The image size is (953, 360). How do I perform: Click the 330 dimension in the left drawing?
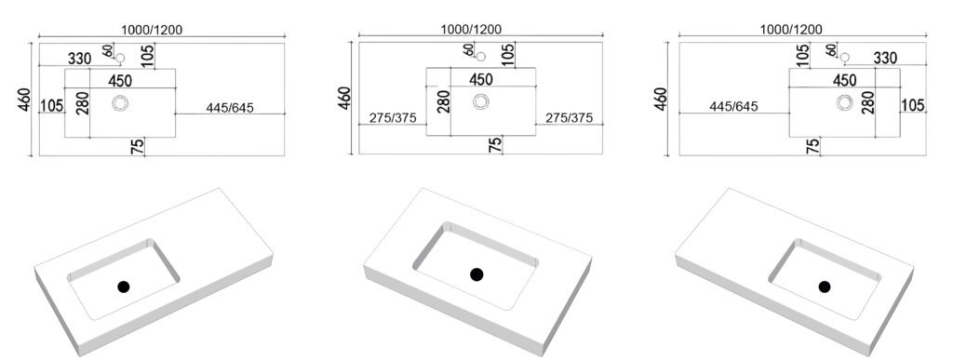[80, 59]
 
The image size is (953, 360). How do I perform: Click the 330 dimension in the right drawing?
[885, 59]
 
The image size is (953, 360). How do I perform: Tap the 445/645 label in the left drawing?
[230, 108]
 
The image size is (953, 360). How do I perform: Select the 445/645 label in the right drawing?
[734, 107]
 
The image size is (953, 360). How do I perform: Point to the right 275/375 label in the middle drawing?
[569, 118]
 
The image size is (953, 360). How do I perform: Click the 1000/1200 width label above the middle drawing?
[471, 29]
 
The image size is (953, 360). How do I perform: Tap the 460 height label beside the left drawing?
[24, 100]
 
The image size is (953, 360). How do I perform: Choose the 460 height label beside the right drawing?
[662, 99]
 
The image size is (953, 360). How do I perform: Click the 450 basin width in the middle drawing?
[481, 79]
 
